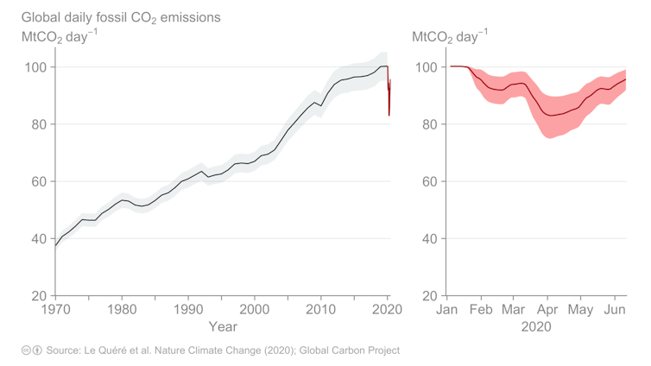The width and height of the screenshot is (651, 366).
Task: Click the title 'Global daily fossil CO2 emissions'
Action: point(121,17)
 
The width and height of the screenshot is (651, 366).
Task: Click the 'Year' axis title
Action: point(222,327)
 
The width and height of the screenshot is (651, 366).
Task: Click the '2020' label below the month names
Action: point(536,327)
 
